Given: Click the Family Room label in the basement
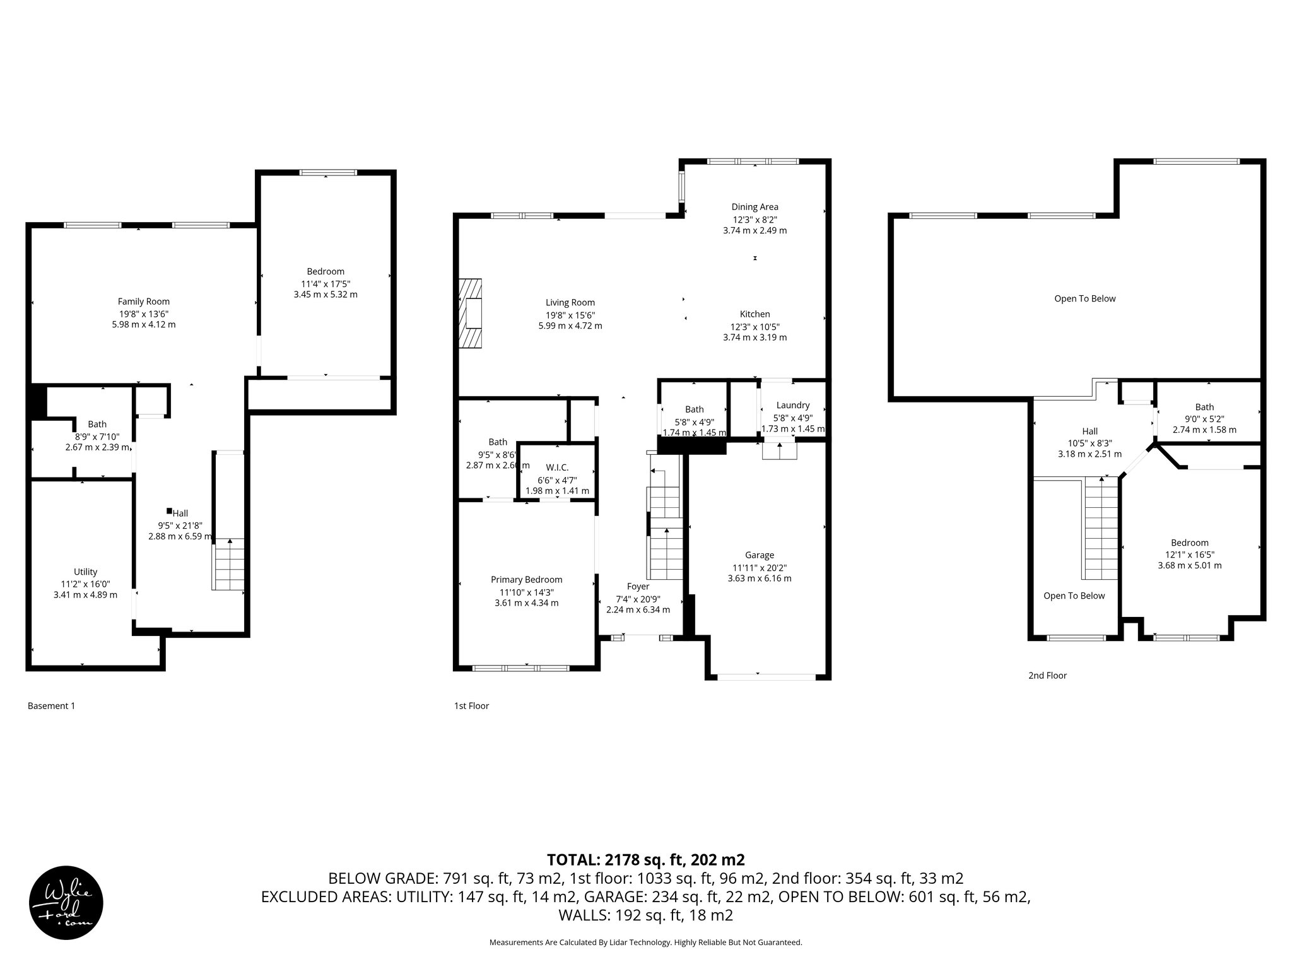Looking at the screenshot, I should click(x=144, y=302).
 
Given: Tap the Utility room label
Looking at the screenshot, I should click(x=85, y=572).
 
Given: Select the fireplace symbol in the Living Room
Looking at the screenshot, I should click(x=470, y=313).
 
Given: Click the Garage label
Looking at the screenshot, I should click(x=759, y=555).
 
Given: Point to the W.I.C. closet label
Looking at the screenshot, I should click(x=557, y=467).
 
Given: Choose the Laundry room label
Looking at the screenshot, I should click(x=792, y=406).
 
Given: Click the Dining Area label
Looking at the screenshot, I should click(x=755, y=207).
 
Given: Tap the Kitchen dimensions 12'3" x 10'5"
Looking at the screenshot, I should click(x=755, y=326).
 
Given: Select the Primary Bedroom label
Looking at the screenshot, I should click(x=526, y=580).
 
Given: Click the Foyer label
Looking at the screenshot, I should click(x=638, y=587).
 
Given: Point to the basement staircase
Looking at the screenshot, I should click(x=228, y=565).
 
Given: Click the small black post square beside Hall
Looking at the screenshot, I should click(x=169, y=511).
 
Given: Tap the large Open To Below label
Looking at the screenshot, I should click(x=1084, y=299).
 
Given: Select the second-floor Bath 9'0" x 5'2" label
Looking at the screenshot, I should click(x=1204, y=407).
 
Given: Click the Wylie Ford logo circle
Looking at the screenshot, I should click(x=66, y=903).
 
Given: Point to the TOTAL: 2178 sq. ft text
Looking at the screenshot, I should click(x=645, y=859).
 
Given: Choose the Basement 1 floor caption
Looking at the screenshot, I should click(x=51, y=706).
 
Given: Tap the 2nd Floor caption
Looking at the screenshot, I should click(x=1047, y=676).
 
